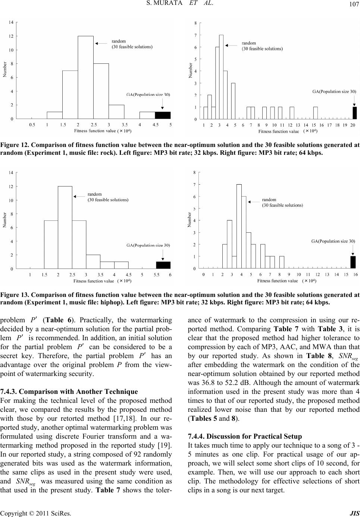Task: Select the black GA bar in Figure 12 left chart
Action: pyautogui.click(x=163, y=115)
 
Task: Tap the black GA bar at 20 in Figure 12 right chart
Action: pyautogui.click(x=354, y=113)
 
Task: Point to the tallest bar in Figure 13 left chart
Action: pyautogui.click(x=65, y=227)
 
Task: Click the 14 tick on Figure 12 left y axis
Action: pyautogui.click(x=12, y=23)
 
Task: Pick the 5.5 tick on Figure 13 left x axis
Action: pyautogui.click(x=156, y=275)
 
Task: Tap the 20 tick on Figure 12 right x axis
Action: pyautogui.click(x=353, y=125)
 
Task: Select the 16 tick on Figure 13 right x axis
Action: pyautogui.click(x=356, y=275)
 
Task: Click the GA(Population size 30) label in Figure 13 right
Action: pyautogui.click(x=333, y=242)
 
